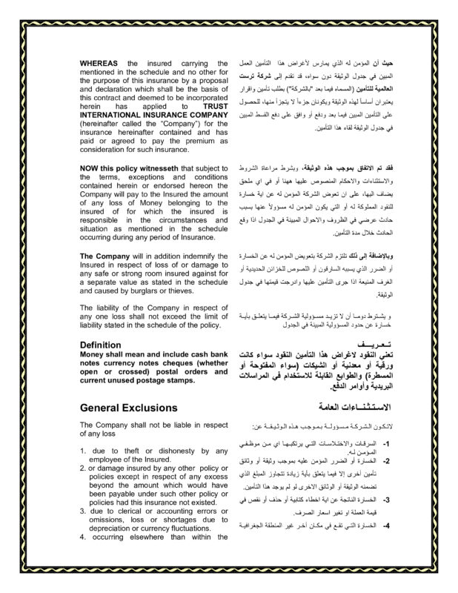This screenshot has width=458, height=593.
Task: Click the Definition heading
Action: [102, 345]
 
